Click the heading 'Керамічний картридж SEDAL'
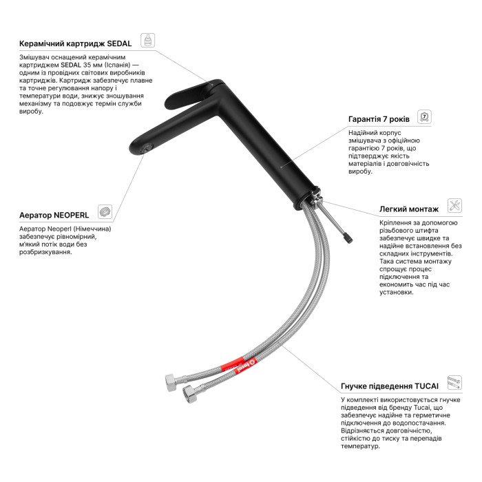click(x=75, y=43)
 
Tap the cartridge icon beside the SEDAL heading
click(x=147, y=40)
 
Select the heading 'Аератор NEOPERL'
click(x=54, y=215)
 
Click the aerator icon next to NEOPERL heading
click(x=105, y=211)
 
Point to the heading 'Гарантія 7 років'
click(x=379, y=119)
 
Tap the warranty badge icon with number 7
click(x=424, y=117)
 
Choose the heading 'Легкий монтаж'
click(x=409, y=209)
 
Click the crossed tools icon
click(x=454, y=205)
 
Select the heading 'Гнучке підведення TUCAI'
click(x=390, y=386)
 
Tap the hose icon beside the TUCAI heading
click(x=454, y=382)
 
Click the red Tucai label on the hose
click(x=238, y=364)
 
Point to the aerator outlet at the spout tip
click(x=145, y=149)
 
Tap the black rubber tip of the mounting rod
click(x=348, y=238)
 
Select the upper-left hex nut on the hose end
click(x=171, y=383)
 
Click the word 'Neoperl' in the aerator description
click(x=59, y=229)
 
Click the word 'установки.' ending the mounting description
click(x=397, y=293)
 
